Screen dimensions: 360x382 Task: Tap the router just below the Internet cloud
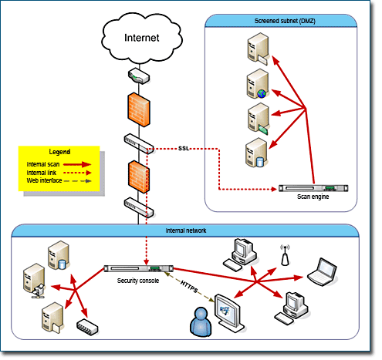(139, 76)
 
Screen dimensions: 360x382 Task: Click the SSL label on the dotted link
(184, 147)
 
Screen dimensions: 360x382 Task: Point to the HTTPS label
(188, 284)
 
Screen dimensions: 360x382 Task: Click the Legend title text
(60, 151)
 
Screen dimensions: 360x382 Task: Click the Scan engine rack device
(313, 187)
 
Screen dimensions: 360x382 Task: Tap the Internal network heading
(184, 230)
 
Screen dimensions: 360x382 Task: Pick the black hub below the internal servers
(86, 326)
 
